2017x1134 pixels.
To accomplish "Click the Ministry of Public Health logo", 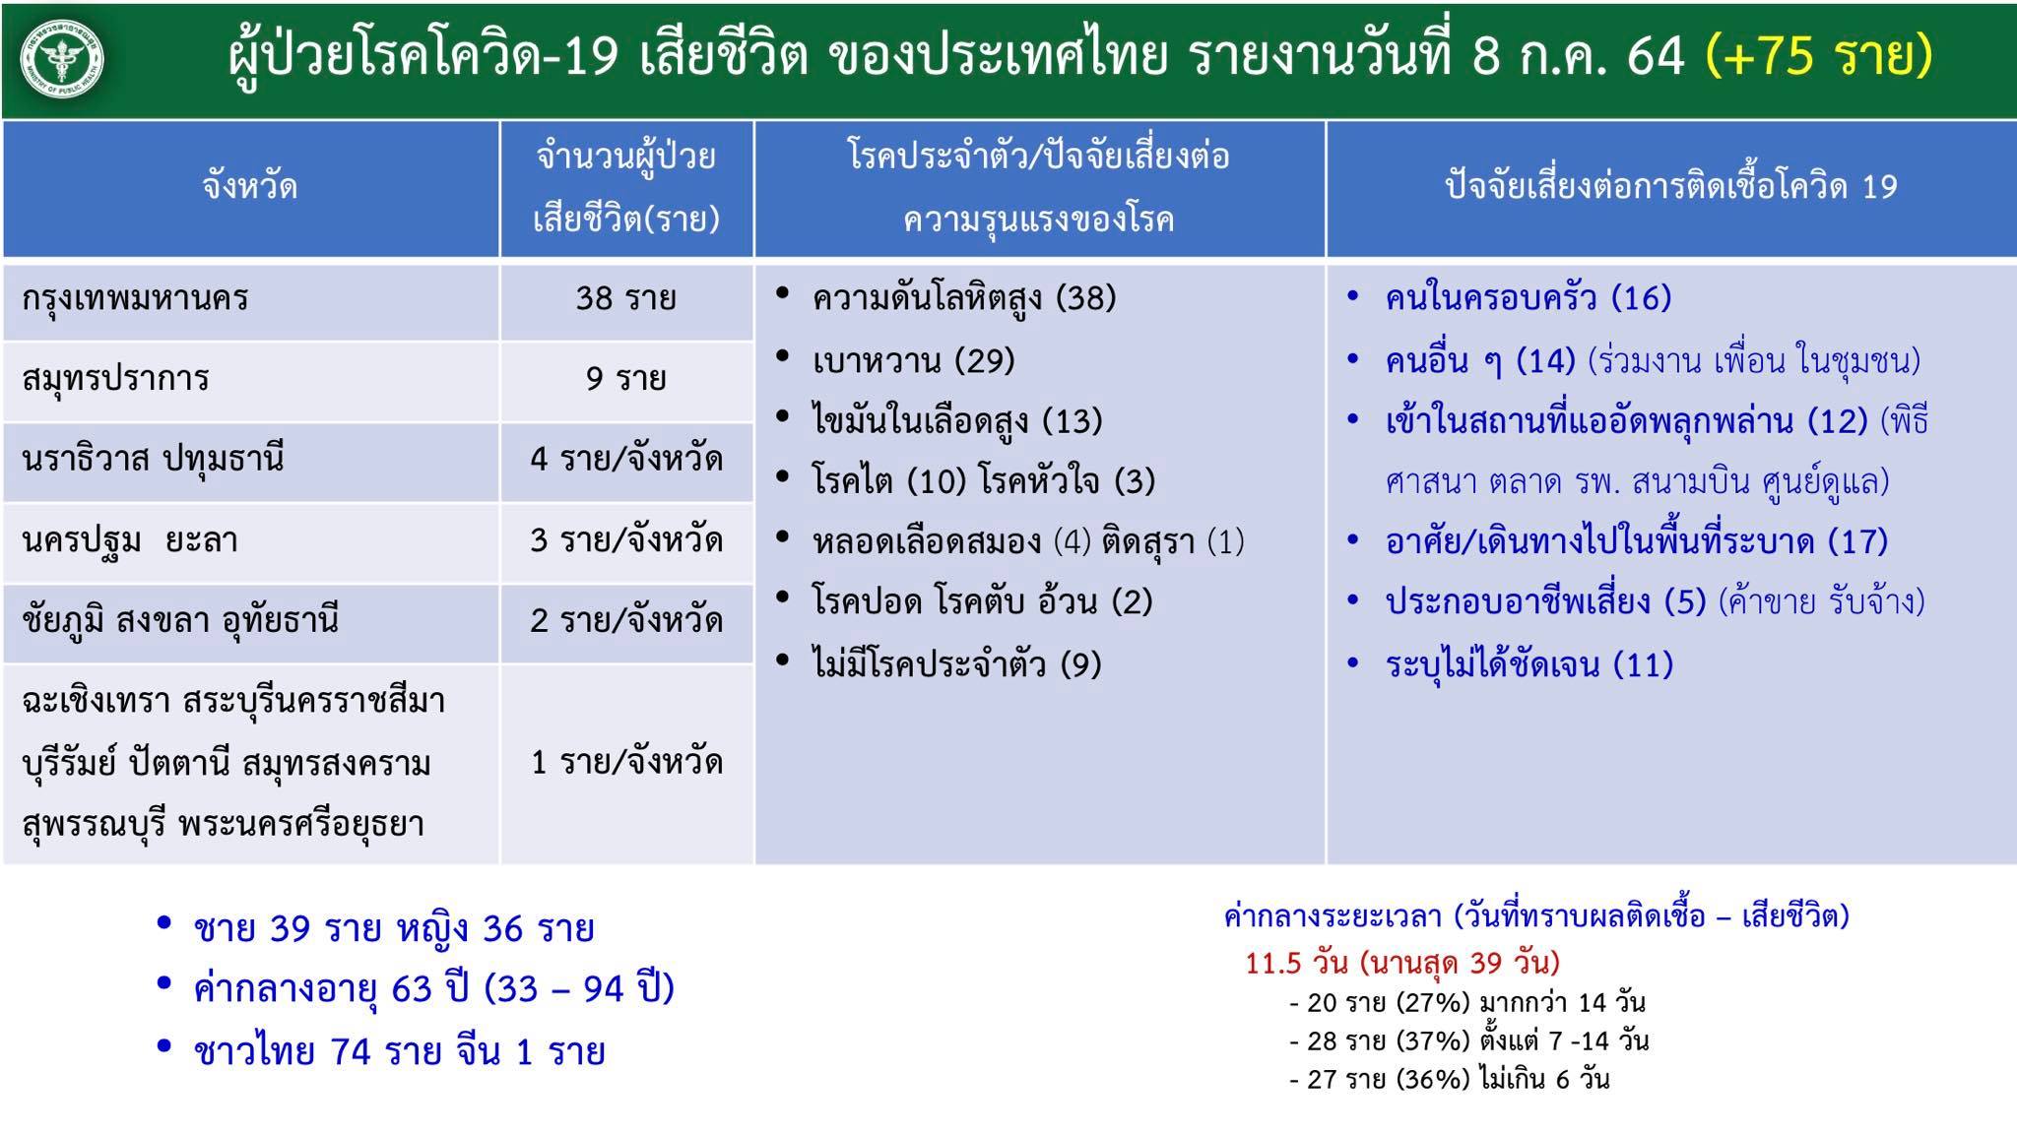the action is [63, 58].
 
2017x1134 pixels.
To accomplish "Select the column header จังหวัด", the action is [250, 186].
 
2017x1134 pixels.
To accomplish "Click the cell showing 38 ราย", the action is [626, 297].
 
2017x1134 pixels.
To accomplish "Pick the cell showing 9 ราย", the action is [626, 378].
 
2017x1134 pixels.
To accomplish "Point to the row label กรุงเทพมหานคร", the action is [135, 298].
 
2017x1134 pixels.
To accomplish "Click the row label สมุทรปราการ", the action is [115, 379].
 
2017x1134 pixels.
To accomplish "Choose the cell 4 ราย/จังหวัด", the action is [626, 459].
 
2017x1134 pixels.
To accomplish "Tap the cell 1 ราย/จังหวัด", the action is [626, 762].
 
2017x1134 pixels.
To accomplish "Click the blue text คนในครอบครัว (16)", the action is [1529, 297].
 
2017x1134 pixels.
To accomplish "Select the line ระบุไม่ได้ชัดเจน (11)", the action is [1529, 664].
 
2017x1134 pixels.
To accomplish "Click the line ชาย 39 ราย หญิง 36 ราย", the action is [394, 928].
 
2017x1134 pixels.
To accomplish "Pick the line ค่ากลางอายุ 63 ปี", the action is [433, 988].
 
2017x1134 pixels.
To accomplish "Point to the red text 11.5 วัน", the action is [1296, 962].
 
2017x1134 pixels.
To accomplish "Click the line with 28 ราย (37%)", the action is [1468, 1040].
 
